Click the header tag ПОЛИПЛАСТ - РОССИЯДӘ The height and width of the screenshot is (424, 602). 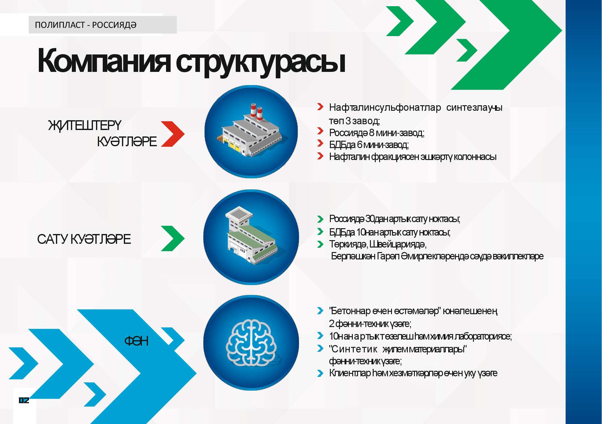tap(86, 25)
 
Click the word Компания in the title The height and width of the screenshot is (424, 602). tap(104, 61)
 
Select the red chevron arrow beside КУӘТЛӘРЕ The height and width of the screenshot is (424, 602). tap(173, 134)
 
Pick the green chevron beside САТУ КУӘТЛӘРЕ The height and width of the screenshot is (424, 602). tap(173, 238)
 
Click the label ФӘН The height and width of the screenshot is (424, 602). tap(136, 341)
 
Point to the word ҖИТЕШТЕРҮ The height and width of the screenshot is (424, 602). tap(85, 125)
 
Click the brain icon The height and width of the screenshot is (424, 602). tap(251, 343)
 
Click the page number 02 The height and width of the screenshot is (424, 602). tap(24, 400)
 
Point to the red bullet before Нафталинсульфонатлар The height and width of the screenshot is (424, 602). tap(320, 107)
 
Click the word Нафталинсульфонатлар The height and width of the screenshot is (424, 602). tap(385, 107)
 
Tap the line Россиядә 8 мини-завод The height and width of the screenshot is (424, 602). tap(377, 133)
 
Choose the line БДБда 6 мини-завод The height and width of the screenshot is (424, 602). tap(369, 145)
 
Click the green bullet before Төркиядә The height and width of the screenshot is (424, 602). tap(320, 244)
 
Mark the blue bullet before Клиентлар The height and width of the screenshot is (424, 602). tap(320, 373)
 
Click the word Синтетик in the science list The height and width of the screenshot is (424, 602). tap(354, 349)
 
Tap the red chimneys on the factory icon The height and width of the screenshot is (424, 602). tap(257, 111)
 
